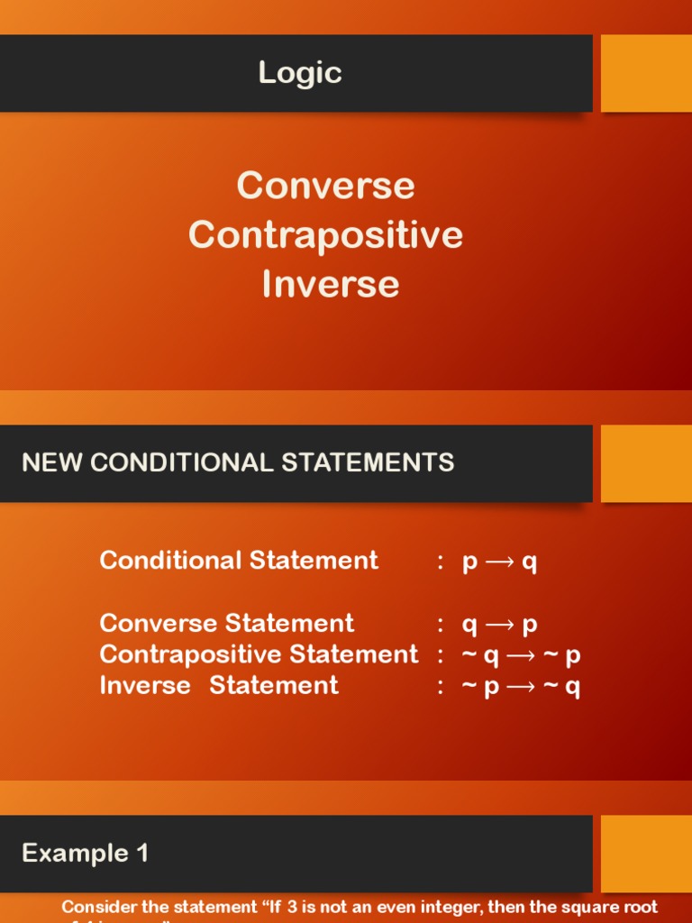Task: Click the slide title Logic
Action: [x=300, y=73]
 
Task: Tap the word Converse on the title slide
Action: [x=325, y=186]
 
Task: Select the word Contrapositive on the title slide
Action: [x=325, y=234]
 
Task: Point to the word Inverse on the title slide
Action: [x=331, y=283]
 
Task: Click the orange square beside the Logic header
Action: [x=646, y=73]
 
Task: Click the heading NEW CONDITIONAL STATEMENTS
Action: [x=238, y=463]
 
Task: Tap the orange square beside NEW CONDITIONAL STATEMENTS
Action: [x=646, y=463]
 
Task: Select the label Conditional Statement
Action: [x=239, y=561]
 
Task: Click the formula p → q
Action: [x=499, y=562]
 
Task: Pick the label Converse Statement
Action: [x=227, y=624]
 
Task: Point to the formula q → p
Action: [x=499, y=625]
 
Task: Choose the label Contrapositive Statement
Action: [x=259, y=654]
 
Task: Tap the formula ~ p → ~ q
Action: [x=521, y=687]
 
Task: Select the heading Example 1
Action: [x=86, y=853]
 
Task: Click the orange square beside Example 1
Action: [x=646, y=853]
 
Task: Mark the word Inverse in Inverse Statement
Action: [x=145, y=686]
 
